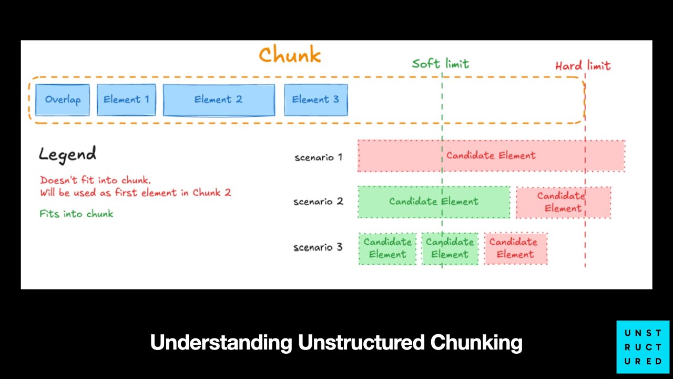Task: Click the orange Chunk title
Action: tap(290, 55)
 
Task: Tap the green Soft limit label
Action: tap(440, 64)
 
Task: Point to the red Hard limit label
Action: tap(583, 66)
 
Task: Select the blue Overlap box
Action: tap(63, 99)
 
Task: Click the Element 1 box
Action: tap(126, 99)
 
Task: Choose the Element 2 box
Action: tap(218, 99)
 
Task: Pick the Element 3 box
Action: tap(315, 99)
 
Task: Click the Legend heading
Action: tap(67, 154)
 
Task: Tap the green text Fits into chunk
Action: tap(76, 213)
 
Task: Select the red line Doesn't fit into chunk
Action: tap(95, 180)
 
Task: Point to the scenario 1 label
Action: tap(318, 157)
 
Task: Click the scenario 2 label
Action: tap(318, 202)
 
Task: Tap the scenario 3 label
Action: tap(318, 247)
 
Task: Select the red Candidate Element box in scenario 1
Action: tap(491, 156)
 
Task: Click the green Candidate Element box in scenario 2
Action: tap(434, 202)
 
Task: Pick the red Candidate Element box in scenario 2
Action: tap(563, 202)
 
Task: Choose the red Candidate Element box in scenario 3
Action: tap(515, 248)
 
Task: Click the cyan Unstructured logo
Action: tap(643, 347)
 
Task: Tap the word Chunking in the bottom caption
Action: tap(476, 343)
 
